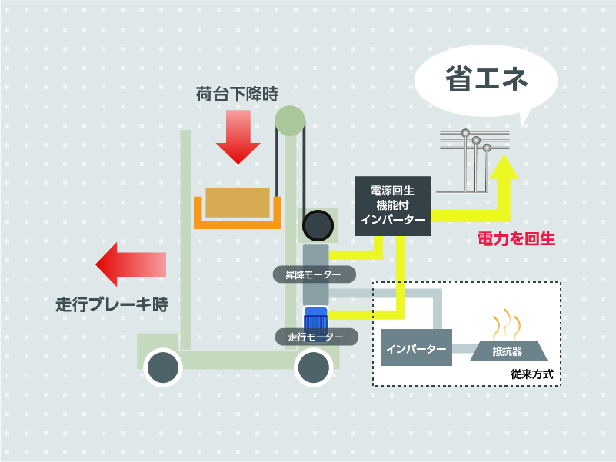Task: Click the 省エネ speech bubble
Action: [485, 79]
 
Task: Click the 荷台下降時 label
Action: [236, 95]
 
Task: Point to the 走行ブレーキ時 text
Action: [112, 303]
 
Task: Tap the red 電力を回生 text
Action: [516, 239]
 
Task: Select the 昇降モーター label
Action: [314, 274]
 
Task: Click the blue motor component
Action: [316, 318]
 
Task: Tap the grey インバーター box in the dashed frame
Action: [416, 349]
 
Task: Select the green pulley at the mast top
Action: [290, 119]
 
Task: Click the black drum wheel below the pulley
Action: [318, 226]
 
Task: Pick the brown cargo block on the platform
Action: [237, 203]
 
